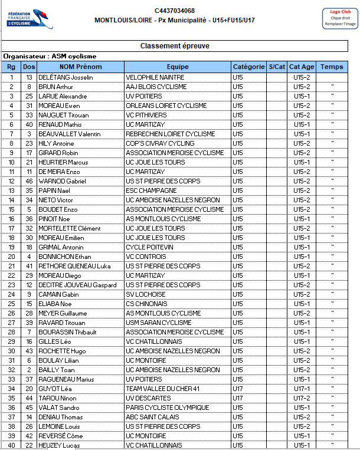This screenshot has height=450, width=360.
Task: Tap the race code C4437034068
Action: tap(175, 11)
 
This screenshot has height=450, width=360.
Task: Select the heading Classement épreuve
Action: tap(175, 46)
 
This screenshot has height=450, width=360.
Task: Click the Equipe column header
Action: tap(177, 67)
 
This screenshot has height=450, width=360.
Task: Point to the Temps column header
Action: tap(332, 67)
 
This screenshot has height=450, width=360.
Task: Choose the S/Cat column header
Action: tap(277, 67)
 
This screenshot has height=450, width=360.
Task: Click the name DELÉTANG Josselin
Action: tap(62, 77)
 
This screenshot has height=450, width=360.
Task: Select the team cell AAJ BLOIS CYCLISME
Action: tap(156, 87)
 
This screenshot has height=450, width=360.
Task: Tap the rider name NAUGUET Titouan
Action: tap(61, 115)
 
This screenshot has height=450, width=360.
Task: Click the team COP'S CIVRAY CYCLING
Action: tap(160, 143)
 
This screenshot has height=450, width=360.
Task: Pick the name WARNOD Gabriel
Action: tap(62, 181)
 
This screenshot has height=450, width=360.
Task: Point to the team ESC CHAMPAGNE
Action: tap(151, 190)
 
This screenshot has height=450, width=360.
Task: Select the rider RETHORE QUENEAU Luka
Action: tap(70, 266)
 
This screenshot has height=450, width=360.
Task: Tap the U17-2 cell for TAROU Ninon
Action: tap(302, 398)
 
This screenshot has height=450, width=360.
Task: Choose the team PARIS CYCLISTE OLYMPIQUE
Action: tap(168, 408)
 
